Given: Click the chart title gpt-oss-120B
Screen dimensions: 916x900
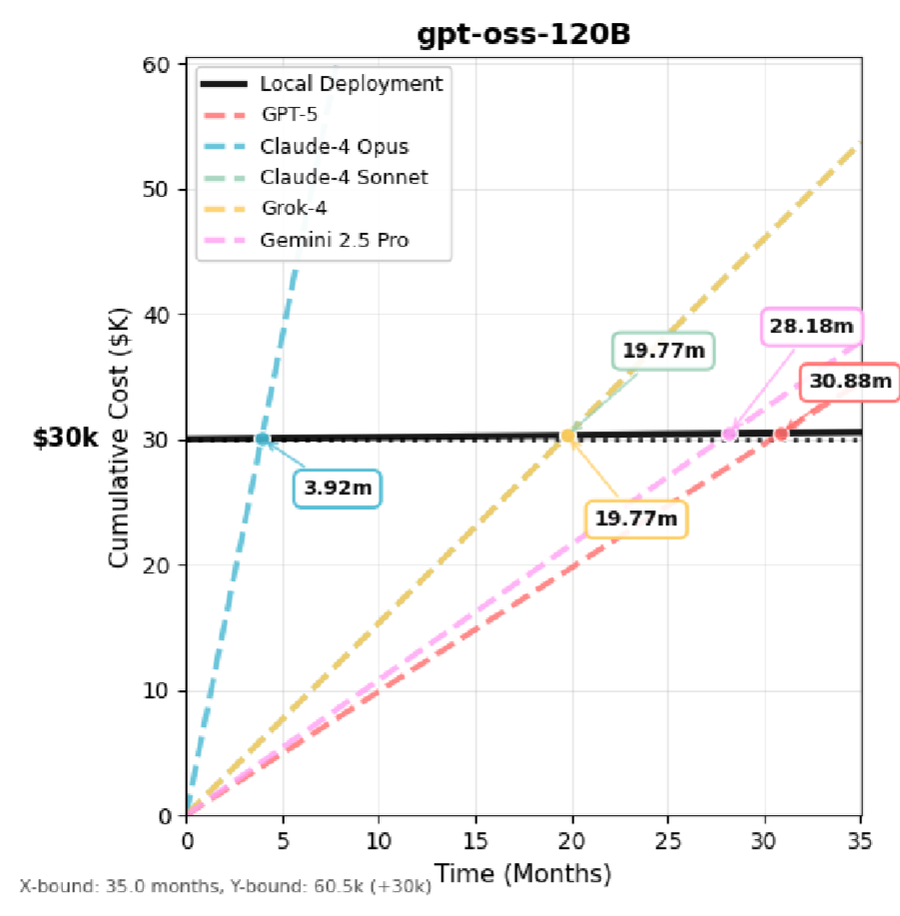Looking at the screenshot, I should pos(523,35).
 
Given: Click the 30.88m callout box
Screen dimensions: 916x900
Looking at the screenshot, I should pos(850,381).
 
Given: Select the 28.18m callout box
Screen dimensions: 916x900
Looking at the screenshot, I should pos(811,326).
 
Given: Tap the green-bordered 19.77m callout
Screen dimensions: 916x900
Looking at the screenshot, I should pos(663,351).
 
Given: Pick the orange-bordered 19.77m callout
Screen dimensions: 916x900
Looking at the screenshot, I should pos(636,518).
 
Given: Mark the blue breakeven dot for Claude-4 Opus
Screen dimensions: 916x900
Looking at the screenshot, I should pos(263,439).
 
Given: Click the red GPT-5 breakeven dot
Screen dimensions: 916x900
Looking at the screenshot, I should pos(781,435).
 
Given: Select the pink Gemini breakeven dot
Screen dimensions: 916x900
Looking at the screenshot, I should pos(729,435).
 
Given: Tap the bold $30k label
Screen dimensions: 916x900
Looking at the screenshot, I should pos(66,440).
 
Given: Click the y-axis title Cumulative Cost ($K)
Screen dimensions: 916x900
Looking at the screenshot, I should pos(119,440).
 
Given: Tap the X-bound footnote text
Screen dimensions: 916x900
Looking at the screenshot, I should pos(225,886).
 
